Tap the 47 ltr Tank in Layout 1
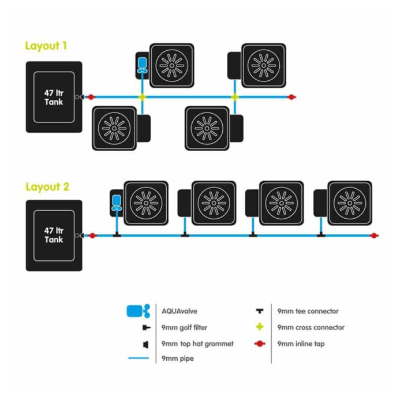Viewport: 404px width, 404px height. tap(54, 97)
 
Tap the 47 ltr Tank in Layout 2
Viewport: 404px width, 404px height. tap(54, 235)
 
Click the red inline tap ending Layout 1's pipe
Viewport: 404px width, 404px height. tap(292, 97)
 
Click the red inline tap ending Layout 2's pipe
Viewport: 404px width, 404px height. tap(375, 235)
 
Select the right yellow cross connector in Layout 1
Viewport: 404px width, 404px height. tap(234, 97)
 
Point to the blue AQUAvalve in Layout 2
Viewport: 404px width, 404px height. tap(117, 201)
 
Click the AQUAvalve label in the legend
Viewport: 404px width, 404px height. tap(179, 311)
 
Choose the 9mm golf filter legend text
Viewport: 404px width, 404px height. tap(185, 327)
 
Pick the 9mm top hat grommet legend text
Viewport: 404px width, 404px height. tap(197, 343)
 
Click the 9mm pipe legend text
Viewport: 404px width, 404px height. tap(178, 358)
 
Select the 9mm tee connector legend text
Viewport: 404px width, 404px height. tap(308, 311)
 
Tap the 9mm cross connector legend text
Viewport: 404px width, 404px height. tap(311, 327)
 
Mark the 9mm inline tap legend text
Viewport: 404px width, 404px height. tap(301, 343)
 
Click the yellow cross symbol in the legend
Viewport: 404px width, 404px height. tap(260, 327)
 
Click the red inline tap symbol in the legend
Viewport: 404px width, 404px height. tap(260, 343)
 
